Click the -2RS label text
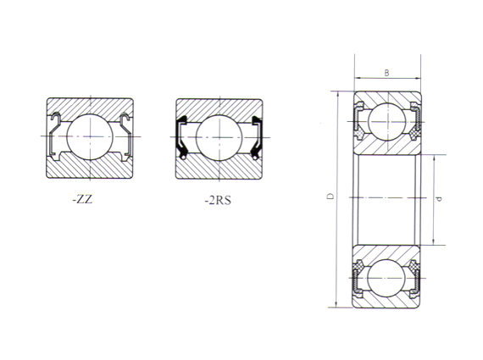(x=216, y=201)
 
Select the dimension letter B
(x=386, y=74)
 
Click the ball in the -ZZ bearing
(x=89, y=136)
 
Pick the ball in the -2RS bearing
(x=218, y=136)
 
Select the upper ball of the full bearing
(x=387, y=121)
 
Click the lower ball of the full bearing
(x=387, y=276)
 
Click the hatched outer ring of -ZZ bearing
(x=89, y=105)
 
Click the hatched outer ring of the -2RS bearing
(x=218, y=105)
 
